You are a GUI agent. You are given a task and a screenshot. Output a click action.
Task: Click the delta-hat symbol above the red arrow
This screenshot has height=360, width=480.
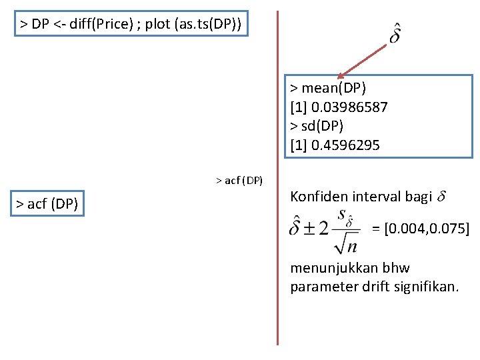(x=395, y=33)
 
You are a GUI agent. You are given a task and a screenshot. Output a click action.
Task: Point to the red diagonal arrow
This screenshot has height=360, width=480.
(x=363, y=60)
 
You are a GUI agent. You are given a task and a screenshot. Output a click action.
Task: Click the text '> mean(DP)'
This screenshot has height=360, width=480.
(x=328, y=88)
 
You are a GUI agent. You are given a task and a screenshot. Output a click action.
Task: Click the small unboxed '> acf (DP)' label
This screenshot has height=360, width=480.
(x=239, y=180)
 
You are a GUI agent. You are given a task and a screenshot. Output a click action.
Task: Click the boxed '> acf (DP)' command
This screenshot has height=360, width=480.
(x=47, y=203)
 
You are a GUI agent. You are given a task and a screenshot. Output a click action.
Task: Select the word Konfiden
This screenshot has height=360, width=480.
(x=318, y=196)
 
